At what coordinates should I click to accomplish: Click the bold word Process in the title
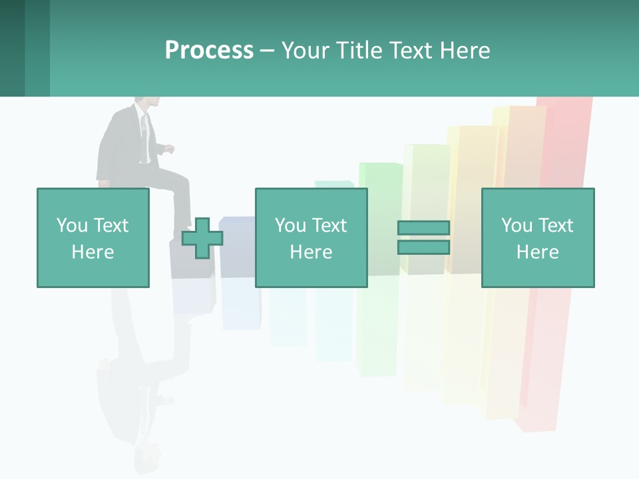coord(209,51)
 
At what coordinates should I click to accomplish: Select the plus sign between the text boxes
coord(202,238)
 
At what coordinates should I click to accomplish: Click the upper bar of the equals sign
coord(423,228)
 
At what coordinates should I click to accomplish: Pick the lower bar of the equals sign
coord(423,247)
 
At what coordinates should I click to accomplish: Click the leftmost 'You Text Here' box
coord(93,238)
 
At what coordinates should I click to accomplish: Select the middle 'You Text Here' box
coord(311,238)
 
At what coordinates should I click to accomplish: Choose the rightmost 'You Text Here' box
coord(537,238)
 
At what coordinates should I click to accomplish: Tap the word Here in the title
coord(465,51)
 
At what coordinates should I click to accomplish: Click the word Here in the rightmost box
coord(537,251)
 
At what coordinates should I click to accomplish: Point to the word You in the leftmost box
coord(72,225)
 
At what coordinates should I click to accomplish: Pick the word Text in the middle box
coord(330,225)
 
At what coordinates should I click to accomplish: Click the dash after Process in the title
coord(267,51)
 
